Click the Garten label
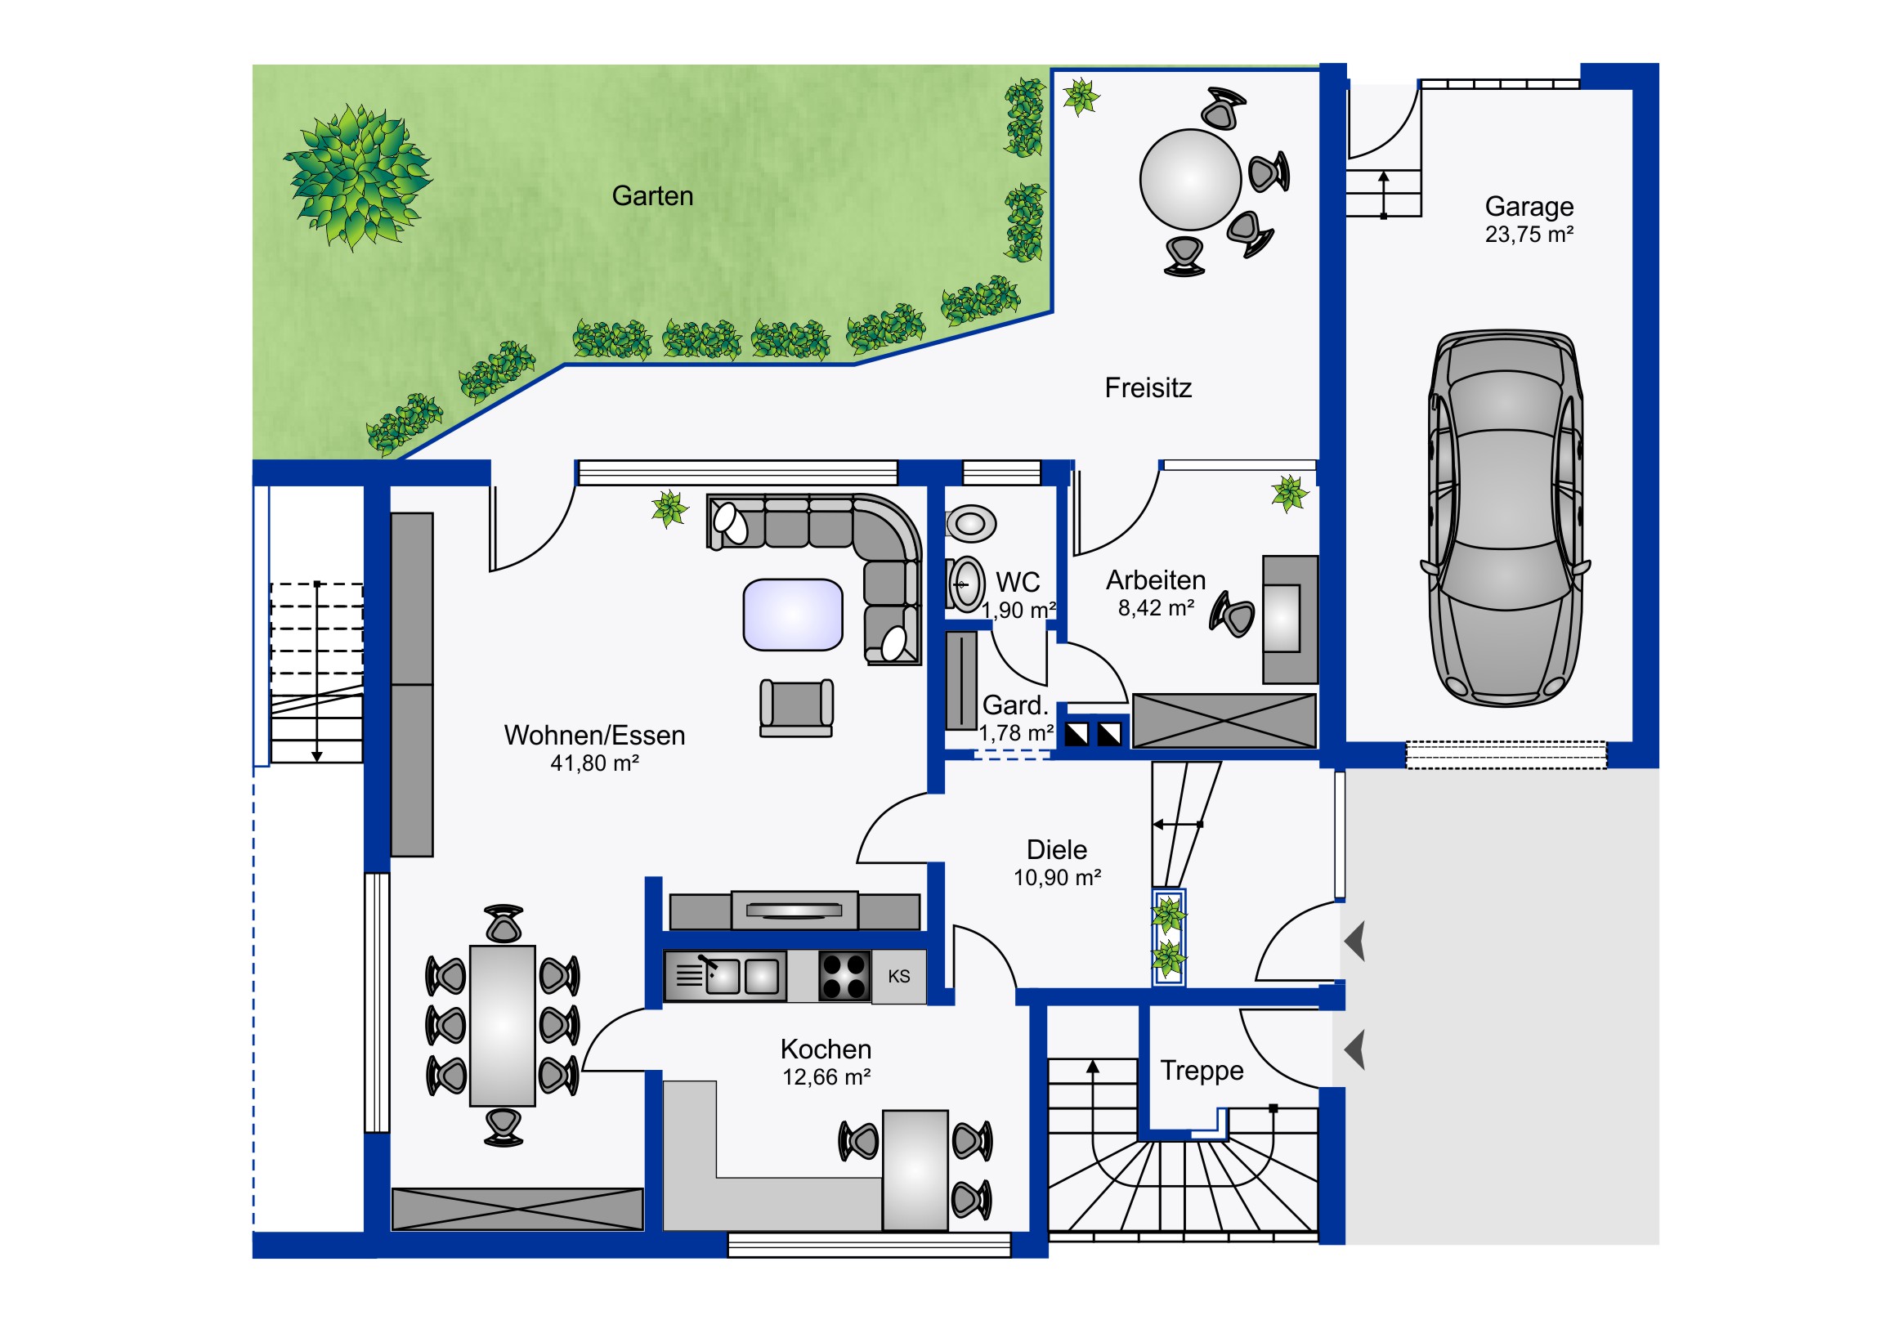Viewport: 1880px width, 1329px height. point(651,196)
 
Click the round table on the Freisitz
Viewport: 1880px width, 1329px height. point(1191,179)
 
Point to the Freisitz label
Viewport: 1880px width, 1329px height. point(1148,387)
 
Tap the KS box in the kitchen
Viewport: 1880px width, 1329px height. point(898,976)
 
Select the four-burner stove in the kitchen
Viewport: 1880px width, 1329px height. point(845,976)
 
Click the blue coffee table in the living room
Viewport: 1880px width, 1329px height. point(793,614)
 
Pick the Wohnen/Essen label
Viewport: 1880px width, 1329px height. point(594,736)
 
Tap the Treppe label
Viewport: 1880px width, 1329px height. point(1202,1071)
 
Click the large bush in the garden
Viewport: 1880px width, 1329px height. point(358,177)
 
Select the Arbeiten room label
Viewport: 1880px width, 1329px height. point(1156,580)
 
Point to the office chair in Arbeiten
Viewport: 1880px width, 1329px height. point(1233,614)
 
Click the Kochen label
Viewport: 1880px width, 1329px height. point(826,1049)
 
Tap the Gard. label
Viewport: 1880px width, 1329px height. point(1015,705)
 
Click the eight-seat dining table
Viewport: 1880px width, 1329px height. point(502,1026)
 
